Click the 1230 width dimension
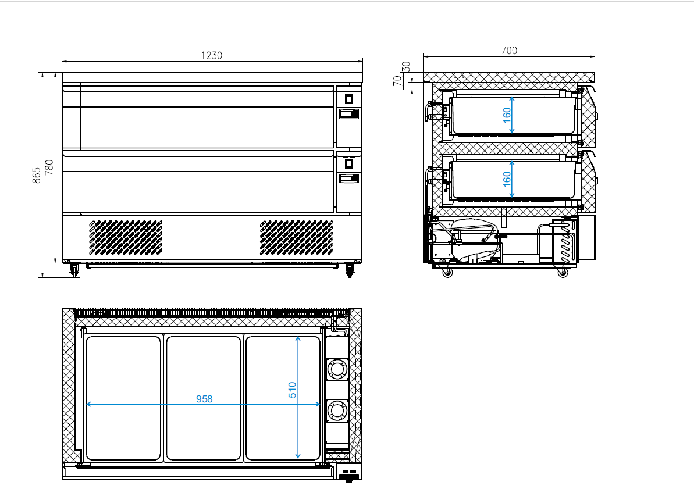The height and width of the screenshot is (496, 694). click(x=212, y=55)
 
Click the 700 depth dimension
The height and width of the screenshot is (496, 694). click(x=509, y=51)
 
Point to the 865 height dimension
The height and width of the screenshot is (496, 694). click(x=37, y=175)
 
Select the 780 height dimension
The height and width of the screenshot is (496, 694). click(x=49, y=167)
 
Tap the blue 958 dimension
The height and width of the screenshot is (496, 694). click(x=204, y=399)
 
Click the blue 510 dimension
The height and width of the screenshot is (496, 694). click(x=292, y=390)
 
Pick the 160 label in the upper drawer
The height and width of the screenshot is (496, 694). click(x=507, y=115)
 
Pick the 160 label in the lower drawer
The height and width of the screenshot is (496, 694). click(x=507, y=179)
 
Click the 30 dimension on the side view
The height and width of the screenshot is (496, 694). click(x=406, y=67)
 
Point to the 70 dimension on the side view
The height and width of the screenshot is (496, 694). click(x=397, y=81)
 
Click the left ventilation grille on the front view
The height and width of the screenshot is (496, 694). click(x=126, y=238)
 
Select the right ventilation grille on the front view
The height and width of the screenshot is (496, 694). click(x=297, y=238)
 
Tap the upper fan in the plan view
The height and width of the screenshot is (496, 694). click(x=337, y=369)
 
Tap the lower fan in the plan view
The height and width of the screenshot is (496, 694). click(x=337, y=411)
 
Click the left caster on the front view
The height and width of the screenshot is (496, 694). click(x=74, y=270)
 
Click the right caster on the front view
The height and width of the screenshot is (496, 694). click(x=350, y=270)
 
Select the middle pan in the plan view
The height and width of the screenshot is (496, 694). click(x=204, y=398)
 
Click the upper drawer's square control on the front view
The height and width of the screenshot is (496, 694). click(x=349, y=99)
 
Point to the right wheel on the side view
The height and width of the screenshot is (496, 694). click(x=563, y=273)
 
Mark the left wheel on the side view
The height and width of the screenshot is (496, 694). click(x=447, y=273)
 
